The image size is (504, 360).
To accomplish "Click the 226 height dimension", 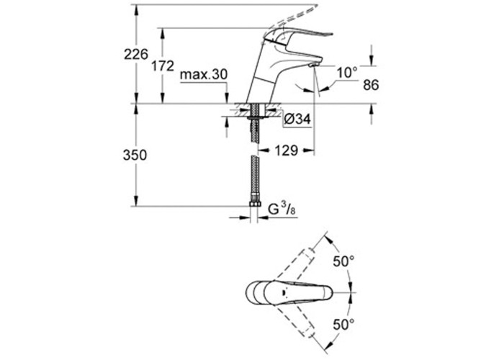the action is pyautogui.click(x=136, y=54).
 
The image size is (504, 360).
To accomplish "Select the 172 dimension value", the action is pyautogui.click(x=162, y=66).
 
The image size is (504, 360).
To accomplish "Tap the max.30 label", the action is pyautogui.click(x=204, y=75).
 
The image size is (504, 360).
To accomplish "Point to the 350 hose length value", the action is pyautogui.click(x=135, y=155).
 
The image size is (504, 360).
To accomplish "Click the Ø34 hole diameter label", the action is pyautogui.click(x=297, y=120).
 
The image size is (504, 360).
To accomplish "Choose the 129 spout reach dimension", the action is pyautogui.click(x=286, y=150).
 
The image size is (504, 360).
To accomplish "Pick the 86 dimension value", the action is pyautogui.click(x=371, y=85).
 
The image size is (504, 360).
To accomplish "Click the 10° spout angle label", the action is pyautogui.click(x=347, y=73).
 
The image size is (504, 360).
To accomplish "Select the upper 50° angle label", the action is pyautogui.click(x=343, y=261).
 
